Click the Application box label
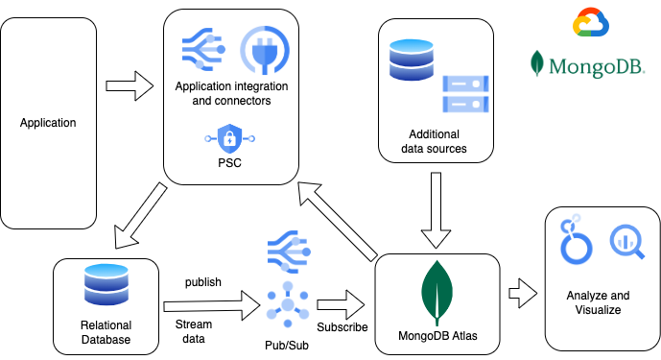(48, 123)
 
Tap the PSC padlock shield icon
(229, 139)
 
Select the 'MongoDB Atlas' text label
(437, 337)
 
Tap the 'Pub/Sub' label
(287, 342)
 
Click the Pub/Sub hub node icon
(287, 304)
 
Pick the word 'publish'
(202, 282)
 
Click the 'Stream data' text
(195, 331)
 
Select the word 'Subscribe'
(342, 326)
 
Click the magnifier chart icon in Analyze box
(626, 238)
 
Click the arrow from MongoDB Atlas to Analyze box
(523, 291)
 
